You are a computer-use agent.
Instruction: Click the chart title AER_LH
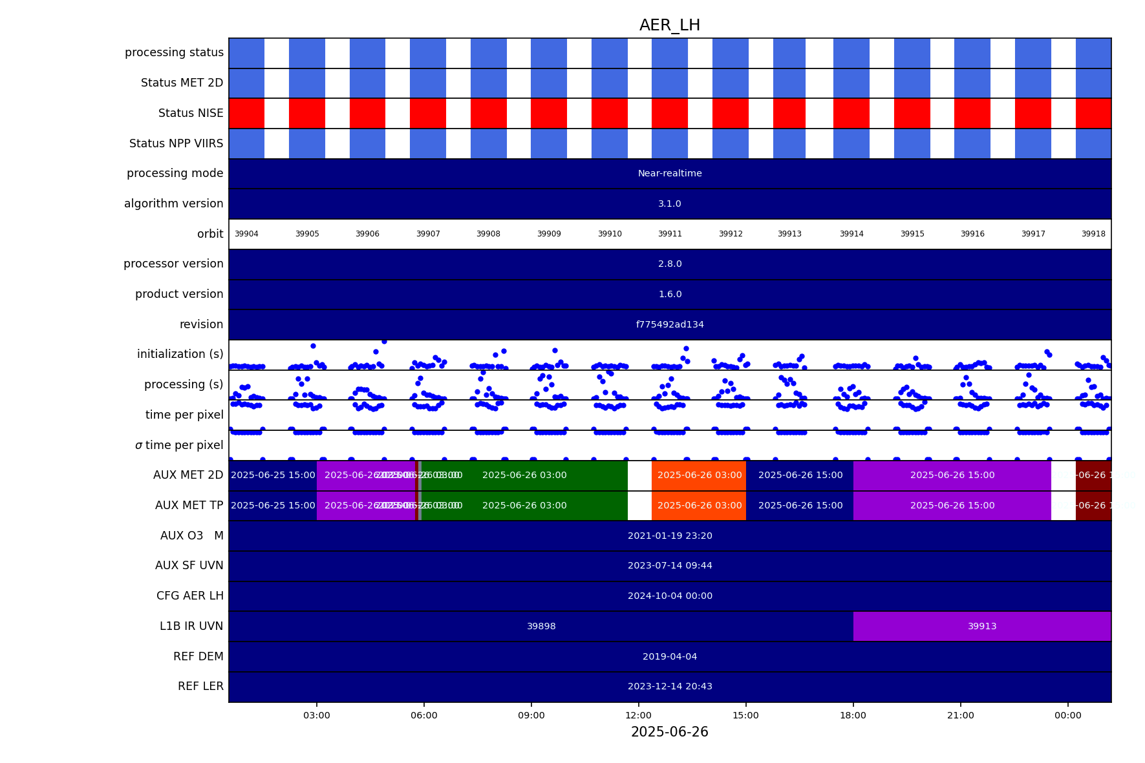click(x=669, y=25)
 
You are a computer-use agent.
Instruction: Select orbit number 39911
click(x=670, y=234)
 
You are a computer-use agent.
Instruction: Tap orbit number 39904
click(x=246, y=234)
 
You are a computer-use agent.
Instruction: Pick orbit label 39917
click(x=1033, y=234)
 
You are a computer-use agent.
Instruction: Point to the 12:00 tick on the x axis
click(x=639, y=715)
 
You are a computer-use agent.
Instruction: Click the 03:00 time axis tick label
click(x=317, y=715)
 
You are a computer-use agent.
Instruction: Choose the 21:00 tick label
click(x=961, y=715)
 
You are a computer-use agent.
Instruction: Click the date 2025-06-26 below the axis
click(x=669, y=732)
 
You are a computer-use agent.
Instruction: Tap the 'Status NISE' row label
click(x=191, y=113)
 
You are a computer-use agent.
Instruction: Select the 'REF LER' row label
click(x=200, y=686)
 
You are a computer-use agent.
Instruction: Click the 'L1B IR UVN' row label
click(x=191, y=626)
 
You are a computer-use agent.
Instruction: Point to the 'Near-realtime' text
click(x=670, y=173)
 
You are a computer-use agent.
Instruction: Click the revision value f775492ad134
click(x=670, y=324)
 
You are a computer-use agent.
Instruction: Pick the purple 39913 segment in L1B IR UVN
click(x=982, y=626)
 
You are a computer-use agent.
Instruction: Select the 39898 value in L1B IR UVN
click(x=541, y=626)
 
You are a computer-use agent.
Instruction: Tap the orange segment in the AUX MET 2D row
click(x=699, y=475)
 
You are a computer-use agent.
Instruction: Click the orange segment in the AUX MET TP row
click(x=699, y=505)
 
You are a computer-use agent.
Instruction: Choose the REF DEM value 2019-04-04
click(x=670, y=656)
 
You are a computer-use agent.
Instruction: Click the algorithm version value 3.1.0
click(x=670, y=204)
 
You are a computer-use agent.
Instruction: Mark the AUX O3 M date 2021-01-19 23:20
click(x=670, y=536)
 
